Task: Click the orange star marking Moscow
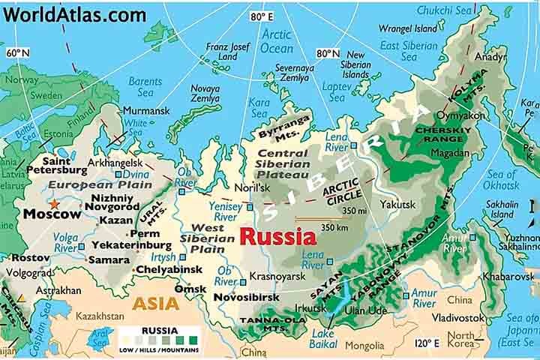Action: click(x=53, y=203)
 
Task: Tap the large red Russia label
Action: click(x=277, y=237)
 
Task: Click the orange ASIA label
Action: click(x=156, y=304)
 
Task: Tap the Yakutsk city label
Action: click(x=397, y=203)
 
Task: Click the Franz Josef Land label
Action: click(x=227, y=51)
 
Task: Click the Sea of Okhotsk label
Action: click(x=500, y=180)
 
